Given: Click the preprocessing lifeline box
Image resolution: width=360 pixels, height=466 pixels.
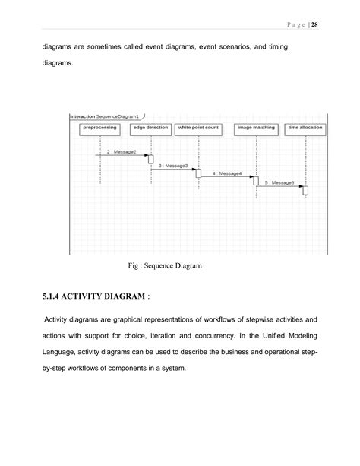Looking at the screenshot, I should (x=100, y=128).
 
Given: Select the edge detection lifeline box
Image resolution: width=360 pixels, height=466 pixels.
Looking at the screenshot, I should (x=150, y=128).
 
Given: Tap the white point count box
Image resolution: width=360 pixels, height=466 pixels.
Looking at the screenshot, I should (x=198, y=128).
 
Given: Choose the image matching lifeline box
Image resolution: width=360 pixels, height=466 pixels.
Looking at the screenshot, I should (x=256, y=128).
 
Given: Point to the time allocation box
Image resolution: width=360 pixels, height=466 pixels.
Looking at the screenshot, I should (x=305, y=128).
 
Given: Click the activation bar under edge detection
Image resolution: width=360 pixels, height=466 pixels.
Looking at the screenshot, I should (x=150, y=159).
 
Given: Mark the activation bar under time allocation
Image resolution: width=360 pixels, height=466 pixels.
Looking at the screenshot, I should (x=305, y=189).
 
